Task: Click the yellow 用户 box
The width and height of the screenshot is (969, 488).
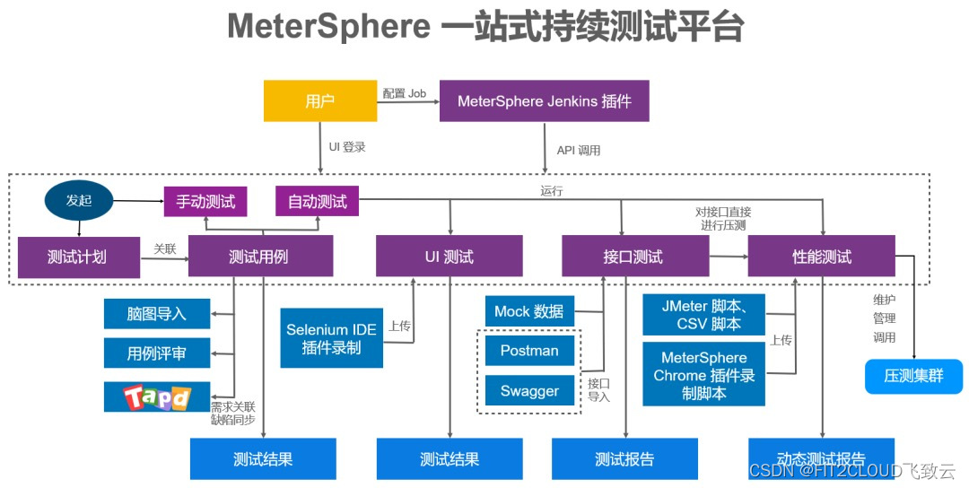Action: pos(319,101)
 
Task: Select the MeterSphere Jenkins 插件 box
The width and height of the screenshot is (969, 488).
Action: pos(544,101)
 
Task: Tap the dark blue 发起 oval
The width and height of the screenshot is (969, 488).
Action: pos(79,201)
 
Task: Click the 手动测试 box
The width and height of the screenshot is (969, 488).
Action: pos(205,202)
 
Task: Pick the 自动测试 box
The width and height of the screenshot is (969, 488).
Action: pos(317,202)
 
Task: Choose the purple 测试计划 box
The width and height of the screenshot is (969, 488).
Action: pos(76,257)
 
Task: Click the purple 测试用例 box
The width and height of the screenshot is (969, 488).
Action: pos(260,257)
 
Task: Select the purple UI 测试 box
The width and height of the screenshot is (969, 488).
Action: pos(449,257)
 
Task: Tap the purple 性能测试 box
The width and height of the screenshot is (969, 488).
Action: pos(821,257)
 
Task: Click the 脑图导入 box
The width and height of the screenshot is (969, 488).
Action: pos(157,314)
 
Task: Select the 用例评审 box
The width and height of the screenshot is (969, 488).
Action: pos(157,353)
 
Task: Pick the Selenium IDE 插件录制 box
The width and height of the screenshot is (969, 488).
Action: pos(331,339)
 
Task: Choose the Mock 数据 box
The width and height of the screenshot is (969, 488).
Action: pos(529,311)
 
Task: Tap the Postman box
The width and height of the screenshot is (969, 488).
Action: pos(529,351)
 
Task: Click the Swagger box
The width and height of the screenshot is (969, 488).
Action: pos(529,391)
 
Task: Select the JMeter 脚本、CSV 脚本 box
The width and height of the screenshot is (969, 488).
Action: pos(703,315)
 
